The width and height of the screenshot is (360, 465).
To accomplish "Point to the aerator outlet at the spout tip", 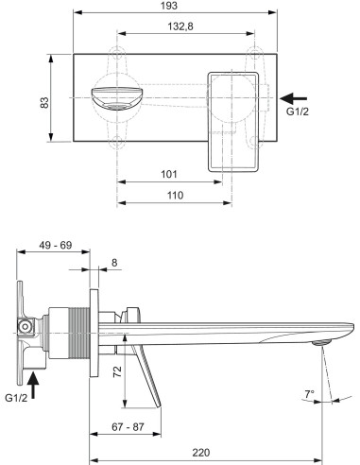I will [x=324, y=345].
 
